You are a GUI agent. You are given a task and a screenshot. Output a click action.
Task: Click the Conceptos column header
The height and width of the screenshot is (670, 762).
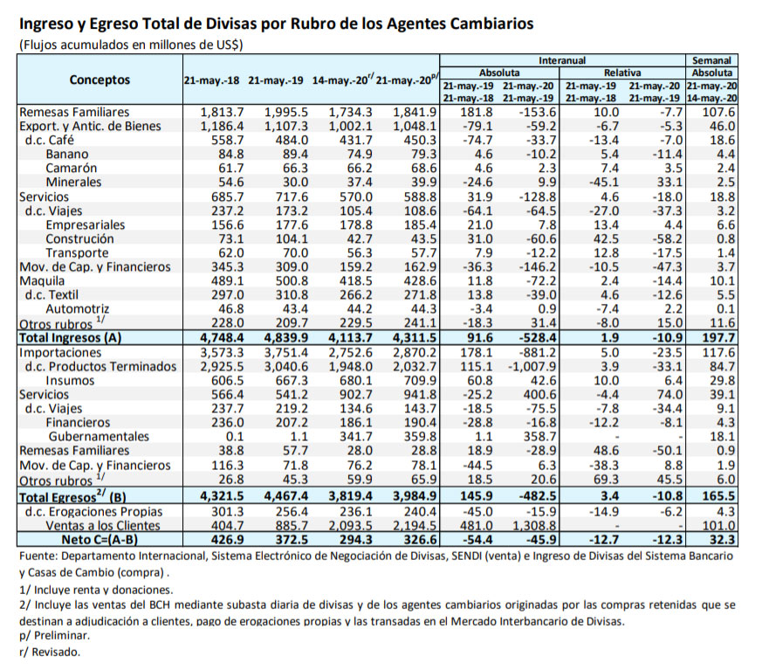(100, 80)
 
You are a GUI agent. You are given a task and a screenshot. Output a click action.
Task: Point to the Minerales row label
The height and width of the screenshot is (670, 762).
(73, 183)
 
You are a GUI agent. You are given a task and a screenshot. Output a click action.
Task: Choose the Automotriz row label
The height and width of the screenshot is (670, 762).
(77, 309)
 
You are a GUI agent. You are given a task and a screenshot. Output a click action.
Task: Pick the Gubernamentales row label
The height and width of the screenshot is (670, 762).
(98, 436)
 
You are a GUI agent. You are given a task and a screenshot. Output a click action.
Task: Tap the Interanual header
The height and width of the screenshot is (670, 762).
(562, 59)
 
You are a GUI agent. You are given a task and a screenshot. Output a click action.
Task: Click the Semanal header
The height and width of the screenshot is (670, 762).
(711, 59)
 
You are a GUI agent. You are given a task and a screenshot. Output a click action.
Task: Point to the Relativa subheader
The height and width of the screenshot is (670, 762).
(622, 73)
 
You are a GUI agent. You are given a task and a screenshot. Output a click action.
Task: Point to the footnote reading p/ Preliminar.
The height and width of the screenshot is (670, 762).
(49, 636)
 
